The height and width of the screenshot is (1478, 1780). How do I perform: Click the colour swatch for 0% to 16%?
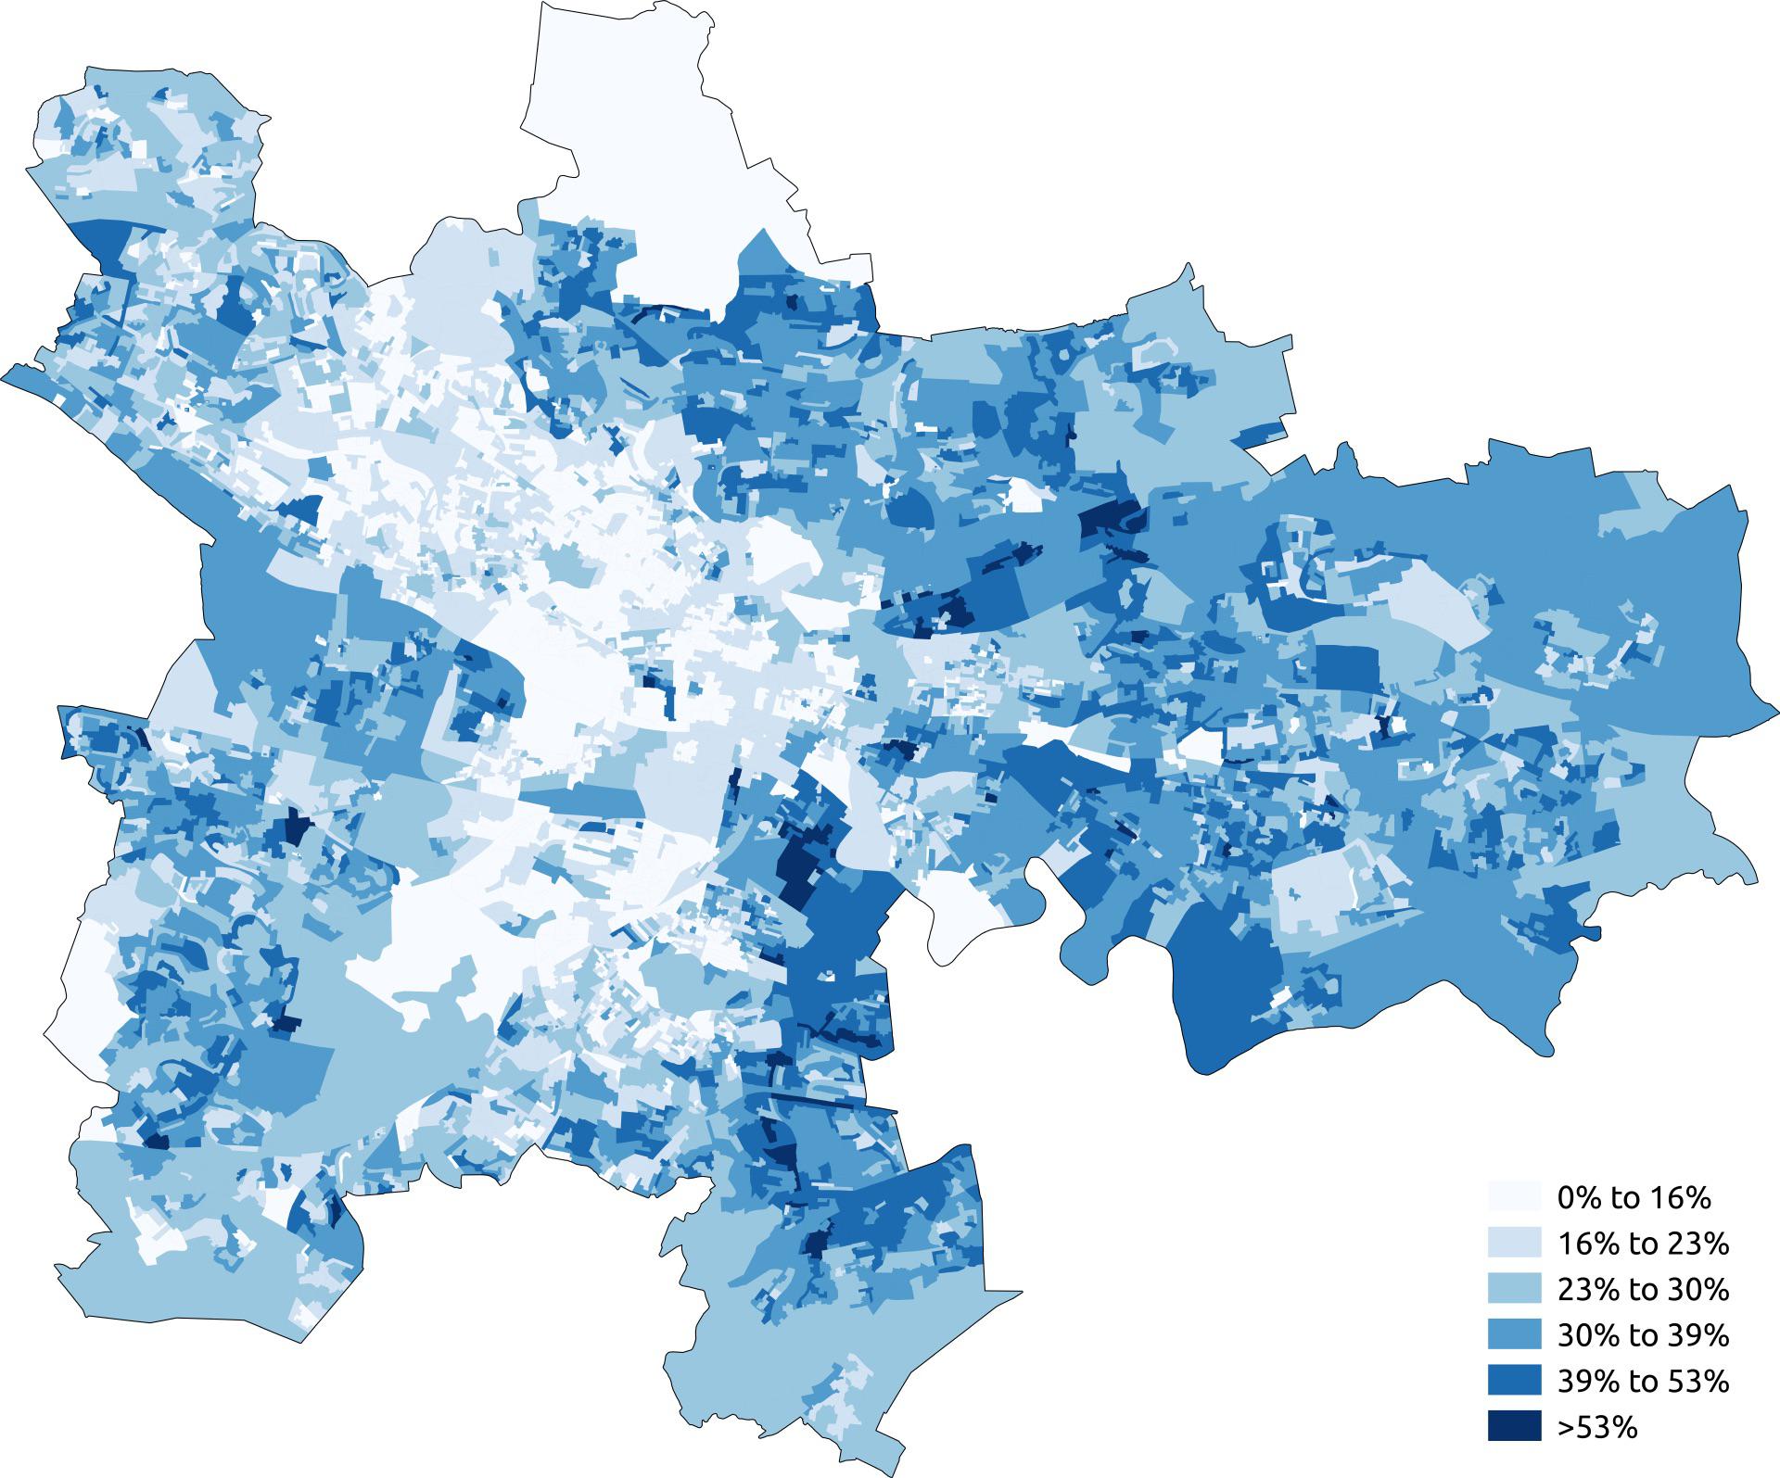[x=1515, y=1197]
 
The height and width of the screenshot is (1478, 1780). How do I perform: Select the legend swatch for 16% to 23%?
[x=1515, y=1244]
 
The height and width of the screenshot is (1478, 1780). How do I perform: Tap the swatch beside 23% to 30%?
[x=1515, y=1290]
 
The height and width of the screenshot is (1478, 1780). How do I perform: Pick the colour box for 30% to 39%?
[x=1515, y=1335]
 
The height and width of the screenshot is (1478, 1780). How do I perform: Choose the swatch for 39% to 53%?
[x=1515, y=1382]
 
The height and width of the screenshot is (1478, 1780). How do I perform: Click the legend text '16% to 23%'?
[x=1643, y=1244]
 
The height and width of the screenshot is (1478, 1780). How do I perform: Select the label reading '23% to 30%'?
[x=1643, y=1290]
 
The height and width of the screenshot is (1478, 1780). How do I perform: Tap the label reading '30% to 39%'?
[x=1643, y=1335]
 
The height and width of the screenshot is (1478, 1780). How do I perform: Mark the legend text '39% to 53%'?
[x=1643, y=1382]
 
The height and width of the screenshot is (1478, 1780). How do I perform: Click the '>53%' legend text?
[x=1596, y=1428]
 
